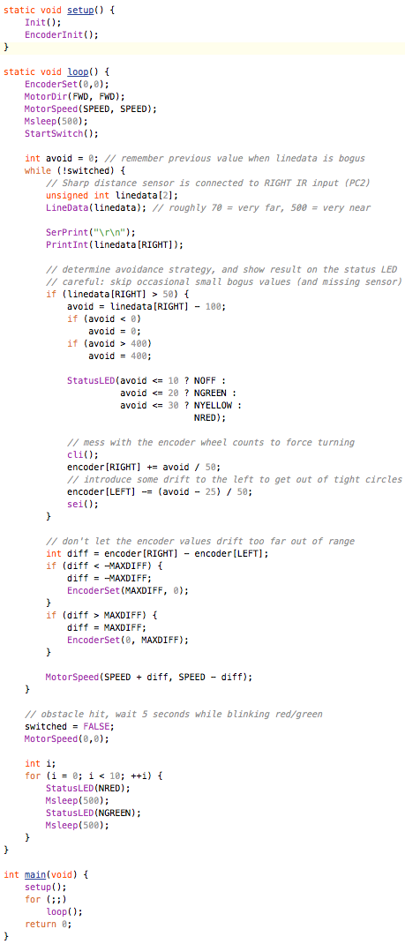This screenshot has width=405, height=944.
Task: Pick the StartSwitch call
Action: coord(54,133)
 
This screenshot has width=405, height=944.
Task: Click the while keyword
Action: coord(37,170)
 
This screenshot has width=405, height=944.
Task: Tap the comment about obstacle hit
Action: coord(173,714)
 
